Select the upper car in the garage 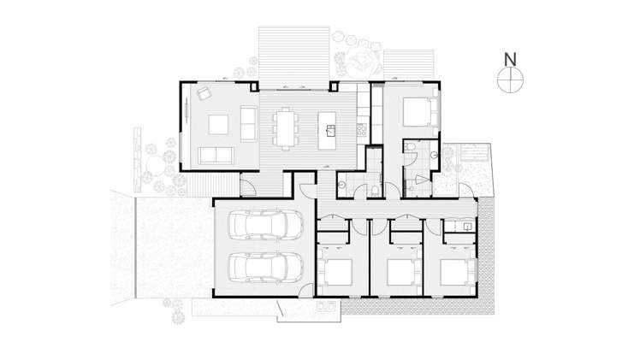265,227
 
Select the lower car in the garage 265,267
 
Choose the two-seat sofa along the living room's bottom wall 216,155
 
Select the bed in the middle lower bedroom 400,273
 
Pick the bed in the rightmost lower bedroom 453,272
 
